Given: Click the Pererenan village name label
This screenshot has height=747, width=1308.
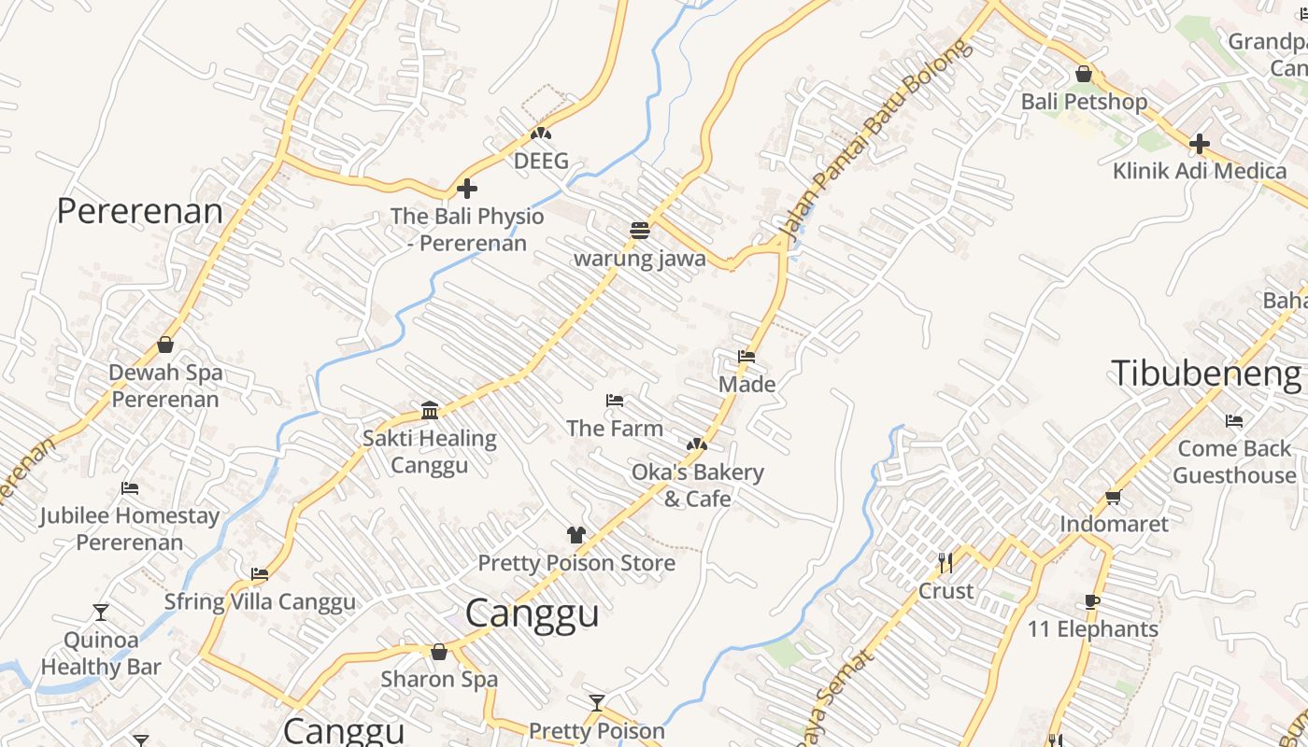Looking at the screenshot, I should (140, 211).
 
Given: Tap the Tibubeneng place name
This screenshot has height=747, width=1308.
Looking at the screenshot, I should (1205, 373).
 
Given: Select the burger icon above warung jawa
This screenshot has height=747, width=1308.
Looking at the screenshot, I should (640, 231).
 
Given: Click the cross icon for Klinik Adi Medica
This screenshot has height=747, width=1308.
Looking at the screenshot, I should (1200, 144).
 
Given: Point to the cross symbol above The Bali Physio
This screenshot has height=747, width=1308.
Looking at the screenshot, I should (467, 189).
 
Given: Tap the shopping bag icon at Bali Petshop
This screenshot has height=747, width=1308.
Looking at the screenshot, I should (1084, 74).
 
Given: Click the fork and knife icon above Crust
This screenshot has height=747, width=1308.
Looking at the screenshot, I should (945, 562).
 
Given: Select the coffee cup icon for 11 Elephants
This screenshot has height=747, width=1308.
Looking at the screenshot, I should (1092, 601).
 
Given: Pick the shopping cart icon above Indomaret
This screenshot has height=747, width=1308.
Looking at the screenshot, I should (1113, 497).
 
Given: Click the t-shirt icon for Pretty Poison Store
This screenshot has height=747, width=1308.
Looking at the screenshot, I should (576, 535).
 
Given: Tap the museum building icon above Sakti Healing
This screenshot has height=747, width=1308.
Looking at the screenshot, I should (430, 410).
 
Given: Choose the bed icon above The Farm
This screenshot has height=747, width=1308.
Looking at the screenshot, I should (615, 401).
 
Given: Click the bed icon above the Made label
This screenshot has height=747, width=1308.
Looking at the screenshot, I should (746, 357).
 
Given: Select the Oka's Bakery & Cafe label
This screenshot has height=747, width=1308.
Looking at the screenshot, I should (697, 485).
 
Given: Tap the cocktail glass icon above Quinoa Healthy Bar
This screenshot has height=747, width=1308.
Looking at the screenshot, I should (101, 613).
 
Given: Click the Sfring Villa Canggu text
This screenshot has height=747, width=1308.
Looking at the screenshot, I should (260, 601).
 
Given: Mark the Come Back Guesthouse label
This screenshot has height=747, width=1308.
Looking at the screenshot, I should (1234, 461).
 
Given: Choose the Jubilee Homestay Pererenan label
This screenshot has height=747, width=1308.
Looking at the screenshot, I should (130, 529).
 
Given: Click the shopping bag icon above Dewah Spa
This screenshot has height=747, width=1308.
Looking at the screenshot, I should (165, 345).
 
